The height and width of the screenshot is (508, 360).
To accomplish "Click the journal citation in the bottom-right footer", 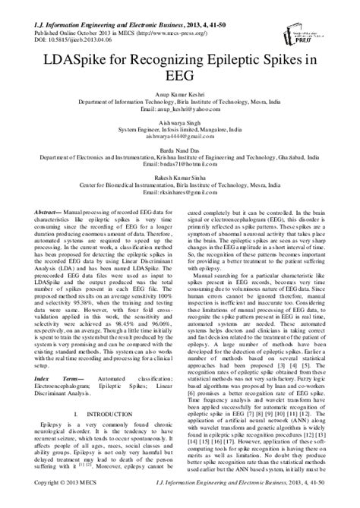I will pyautogui.click(x=262, y=502).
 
